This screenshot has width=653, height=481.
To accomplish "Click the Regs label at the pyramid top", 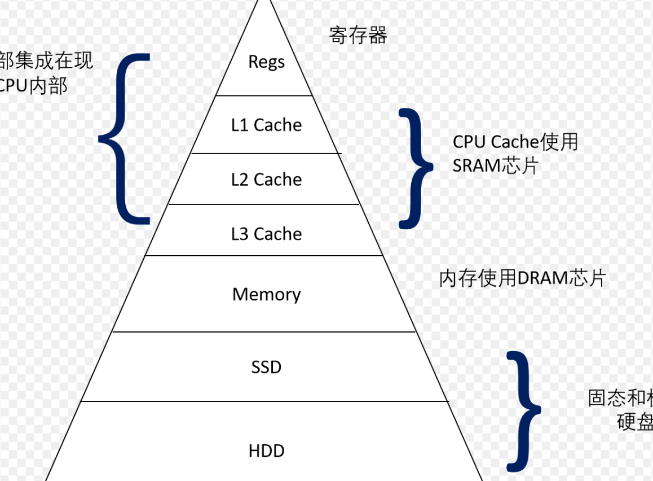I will (266, 62).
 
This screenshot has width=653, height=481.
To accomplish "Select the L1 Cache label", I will (266, 125).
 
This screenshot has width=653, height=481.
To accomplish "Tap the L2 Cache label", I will (266, 180).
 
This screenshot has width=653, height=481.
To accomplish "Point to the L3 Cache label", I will (266, 234).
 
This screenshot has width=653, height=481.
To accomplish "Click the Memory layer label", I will (266, 294).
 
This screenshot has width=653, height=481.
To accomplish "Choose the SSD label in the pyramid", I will (266, 368).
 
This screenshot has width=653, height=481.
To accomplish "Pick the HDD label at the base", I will (266, 451).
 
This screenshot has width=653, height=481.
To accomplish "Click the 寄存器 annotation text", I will (358, 36).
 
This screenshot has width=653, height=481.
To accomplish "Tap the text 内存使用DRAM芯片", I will (522, 278).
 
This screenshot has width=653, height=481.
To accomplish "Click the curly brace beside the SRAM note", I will (416, 168).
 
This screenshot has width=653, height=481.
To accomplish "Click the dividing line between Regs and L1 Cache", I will (264, 95).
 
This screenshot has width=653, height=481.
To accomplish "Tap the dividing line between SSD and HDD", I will (264, 401).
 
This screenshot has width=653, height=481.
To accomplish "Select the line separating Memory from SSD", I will (264, 332).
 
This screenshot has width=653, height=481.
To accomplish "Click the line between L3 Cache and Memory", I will (264, 256).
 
